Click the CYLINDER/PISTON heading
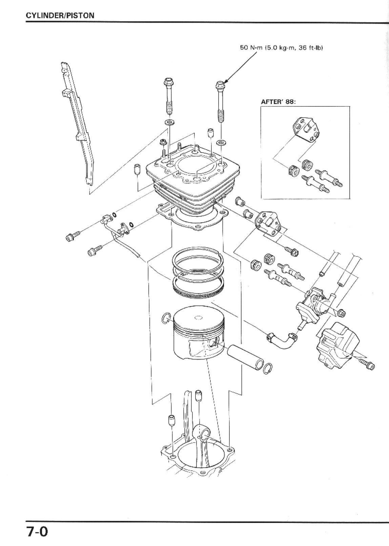60,16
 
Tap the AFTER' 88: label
278,102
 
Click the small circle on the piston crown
198,318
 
